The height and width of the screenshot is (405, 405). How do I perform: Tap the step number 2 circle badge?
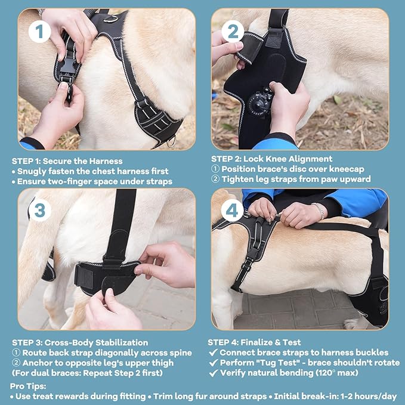[233, 30]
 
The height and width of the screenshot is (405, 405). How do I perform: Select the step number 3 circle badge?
[39, 211]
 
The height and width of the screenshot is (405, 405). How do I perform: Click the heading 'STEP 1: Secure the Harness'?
[67, 160]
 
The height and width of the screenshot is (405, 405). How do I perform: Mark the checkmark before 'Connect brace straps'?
[213, 353]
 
